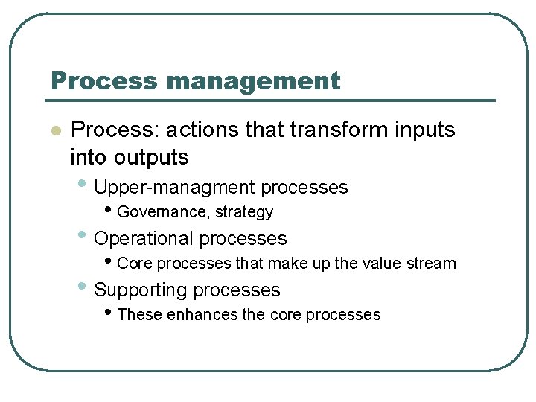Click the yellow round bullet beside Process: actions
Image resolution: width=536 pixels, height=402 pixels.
click(54, 131)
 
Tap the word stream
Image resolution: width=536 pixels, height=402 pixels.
click(430, 264)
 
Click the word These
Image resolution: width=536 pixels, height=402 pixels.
click(140, 315)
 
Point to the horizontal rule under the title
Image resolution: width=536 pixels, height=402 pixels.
click(272, 100)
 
